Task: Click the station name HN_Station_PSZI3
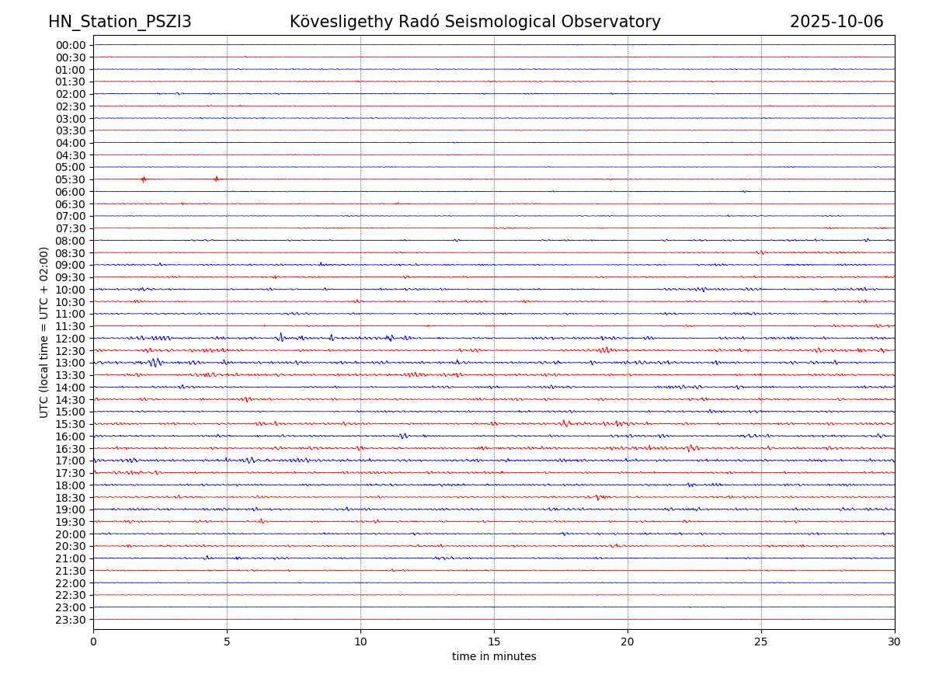click(120, 22)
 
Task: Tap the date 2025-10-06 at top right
click(836, 22)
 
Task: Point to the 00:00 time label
click(70, 45)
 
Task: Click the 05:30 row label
click(70, 179)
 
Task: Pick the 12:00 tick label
click(70, 339)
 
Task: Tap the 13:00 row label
click(70, 363)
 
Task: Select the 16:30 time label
click(70, 448)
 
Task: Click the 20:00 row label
click(70, 534)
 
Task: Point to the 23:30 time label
click(70, 619)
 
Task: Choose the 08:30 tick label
click(70, 252)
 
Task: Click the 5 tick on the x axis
click(227, 642)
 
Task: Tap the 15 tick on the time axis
click(494, 642)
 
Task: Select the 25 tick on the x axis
click(761, 642)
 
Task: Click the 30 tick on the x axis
click(895, 642)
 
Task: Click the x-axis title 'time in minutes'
click(494, 656)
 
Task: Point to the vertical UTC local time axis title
click(44, 332)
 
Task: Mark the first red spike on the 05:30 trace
click(144, 179)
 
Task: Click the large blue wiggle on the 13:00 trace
click(155, 362)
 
